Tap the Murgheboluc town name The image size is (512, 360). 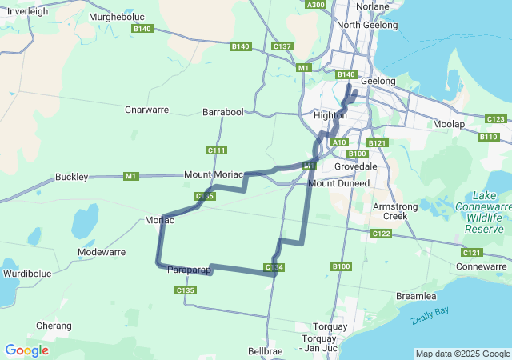(x=116, y=16)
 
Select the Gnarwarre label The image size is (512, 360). (x=146, y=110)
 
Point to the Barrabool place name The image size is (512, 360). (x=222, y=113)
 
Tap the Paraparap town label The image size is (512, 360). (x=190, y=270)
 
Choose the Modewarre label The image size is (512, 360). (x=102, y=252)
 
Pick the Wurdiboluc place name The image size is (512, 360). (x=26, y=274)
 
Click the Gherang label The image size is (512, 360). (x=54, y=326)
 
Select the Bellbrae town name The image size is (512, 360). (x=266, y=351)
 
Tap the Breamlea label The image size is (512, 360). (x=416, y=296)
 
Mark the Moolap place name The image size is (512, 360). (x=448, y=125)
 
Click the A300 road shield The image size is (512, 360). (x=316, y=5)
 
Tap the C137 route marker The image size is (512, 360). (x=282, y=46)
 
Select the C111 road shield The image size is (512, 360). (x=216, y=150)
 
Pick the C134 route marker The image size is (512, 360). (x=274, y=267)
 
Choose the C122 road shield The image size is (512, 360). (x=381, y=234)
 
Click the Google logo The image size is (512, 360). (x=26, y=350)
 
